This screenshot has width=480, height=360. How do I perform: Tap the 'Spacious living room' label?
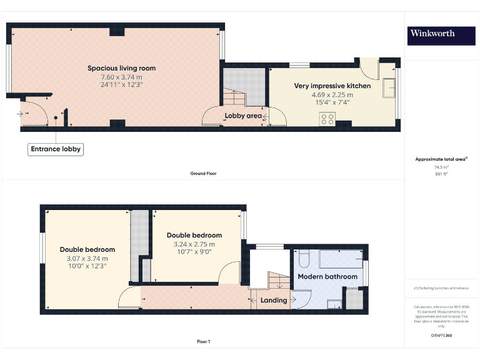click(x=121, y=68)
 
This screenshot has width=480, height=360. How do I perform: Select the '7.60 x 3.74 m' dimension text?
click(x=121, y=76)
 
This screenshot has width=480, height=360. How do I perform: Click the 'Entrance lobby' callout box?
click(x=56, y=149)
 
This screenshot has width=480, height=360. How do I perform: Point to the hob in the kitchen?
click(x=327, y=119)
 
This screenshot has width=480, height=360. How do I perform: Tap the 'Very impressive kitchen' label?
click(x=332, y=86)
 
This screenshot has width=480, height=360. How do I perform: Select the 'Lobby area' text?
click(x=243, y=116)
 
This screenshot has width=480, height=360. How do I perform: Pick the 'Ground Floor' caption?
click(x=203, y=173)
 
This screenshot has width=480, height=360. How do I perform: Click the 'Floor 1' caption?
click(x=203, y=342)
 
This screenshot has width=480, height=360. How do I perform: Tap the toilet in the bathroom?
click(x=302, y=259)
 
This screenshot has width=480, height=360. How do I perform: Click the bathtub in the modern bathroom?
click(x=341, y=258)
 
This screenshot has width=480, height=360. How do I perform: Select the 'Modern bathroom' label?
click(x=327, y=277)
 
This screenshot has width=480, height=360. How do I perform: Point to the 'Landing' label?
click(x=274, y=301)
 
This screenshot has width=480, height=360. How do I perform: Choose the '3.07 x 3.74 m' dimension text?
click(x=87, y=258)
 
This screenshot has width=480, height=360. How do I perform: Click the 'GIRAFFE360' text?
click(x=441, y=336)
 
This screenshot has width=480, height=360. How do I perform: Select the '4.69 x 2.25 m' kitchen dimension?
click(x=332, y=95)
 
